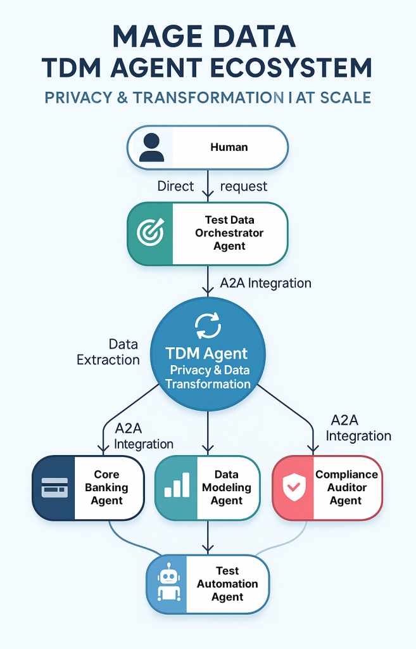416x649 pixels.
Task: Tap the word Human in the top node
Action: [x=229, y=147]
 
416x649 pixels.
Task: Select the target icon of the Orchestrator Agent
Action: [x=150, y=233]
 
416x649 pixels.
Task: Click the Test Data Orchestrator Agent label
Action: [x=229, y=233]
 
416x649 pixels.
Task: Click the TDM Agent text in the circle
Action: [x=207, y=354]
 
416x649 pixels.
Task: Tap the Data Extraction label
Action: [x=108, y=352]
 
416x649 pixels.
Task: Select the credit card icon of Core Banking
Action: [x=54, y=488]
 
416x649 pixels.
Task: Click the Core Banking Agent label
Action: [x=106, y=487]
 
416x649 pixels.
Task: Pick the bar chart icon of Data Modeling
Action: [x=177, y=487]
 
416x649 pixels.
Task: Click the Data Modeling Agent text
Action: [x=226, y=487]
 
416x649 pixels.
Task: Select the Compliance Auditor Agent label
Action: [x=346, y=487]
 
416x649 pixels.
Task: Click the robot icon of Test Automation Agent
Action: [x=168, y=584]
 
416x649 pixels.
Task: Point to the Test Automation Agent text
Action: [x=227, y=584]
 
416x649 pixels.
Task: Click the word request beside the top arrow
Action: [x=243, y=186]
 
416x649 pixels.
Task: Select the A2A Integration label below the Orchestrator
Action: [x=265, y=283]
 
